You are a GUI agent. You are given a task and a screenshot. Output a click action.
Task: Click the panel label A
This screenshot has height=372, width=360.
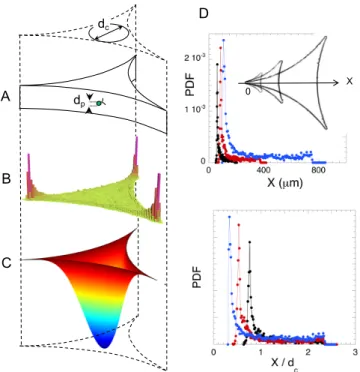tap(6, 97)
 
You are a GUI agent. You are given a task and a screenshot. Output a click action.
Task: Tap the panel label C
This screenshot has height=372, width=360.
tap(6, 263)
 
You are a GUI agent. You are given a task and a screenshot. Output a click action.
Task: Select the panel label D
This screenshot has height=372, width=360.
tap(203, 13)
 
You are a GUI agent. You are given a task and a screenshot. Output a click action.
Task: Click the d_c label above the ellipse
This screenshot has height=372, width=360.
tap(104, 24)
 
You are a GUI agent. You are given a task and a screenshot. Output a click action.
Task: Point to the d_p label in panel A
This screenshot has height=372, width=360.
tap(79, 102)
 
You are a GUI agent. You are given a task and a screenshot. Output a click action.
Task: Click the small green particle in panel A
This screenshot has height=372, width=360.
tap(98, 104)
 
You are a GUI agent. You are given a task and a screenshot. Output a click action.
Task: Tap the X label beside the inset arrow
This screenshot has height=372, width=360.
tap(349, 81)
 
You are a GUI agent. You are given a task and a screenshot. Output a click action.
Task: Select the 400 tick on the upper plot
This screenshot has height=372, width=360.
tap(263, 170)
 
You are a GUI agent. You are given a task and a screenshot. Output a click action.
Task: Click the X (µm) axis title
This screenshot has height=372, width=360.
tap(284, 183)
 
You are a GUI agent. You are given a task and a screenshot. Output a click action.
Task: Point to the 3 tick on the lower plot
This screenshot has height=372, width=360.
tap(355, 353)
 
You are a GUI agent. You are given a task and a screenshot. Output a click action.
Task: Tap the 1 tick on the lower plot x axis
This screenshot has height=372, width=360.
tap(261, 353)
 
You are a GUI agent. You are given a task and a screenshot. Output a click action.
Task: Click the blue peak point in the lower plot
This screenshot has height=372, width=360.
tap(229, 217)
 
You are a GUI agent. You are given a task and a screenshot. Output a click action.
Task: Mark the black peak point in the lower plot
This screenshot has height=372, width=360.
tap(249, 242)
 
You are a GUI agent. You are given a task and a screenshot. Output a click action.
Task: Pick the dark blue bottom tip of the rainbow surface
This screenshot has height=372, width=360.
tap(105, 347)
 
